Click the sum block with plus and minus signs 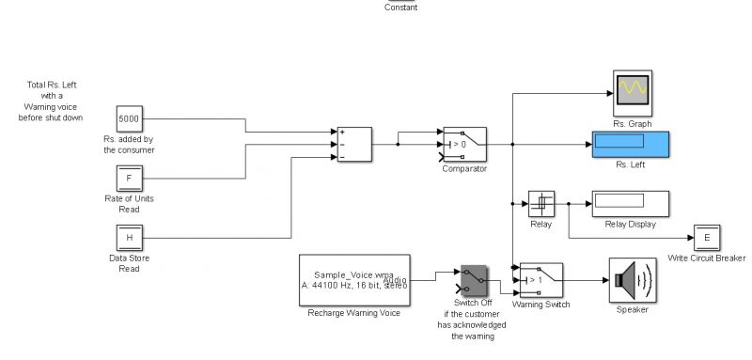pyautogui.click(x=353, y=144)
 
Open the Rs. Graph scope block pyautogui.click(x=632, y=92)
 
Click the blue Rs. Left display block pyautogui.click(x=629, y=144)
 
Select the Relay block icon pyautogui.click(x=540, y=203)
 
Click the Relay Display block pyautogui.click(x=629, y=203)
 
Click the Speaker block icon pyautogui.click(x=630, y=279)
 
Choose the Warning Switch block pyautogui.click(x=540, y=279)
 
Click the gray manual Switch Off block pyautogui.click(x=472, y=279)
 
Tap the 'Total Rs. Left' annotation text pyautogui.click(x=53, y=102)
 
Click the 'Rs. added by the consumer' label pyautogui.click(x=129, y=145)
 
